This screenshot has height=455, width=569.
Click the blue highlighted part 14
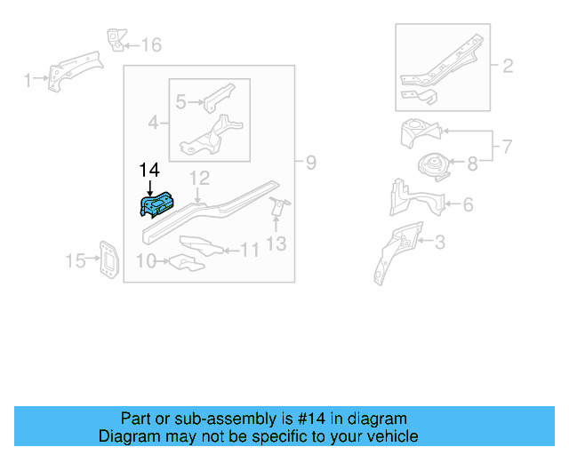[157, 205]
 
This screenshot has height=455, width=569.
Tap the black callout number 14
[148, 169]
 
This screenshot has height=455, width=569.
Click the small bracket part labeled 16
[115, 40]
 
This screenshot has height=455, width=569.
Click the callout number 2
[508, 66]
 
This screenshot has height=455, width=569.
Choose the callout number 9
[310, 163]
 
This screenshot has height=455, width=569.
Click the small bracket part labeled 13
[278, 207]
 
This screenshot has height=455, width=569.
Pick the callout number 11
[250, 251]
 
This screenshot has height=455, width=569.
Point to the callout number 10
[146, 260]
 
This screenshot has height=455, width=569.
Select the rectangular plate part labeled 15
[106, 259]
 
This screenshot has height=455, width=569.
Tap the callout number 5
[180, 102]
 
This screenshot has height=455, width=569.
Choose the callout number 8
[471, 163]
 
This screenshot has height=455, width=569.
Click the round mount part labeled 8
[433, 166]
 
